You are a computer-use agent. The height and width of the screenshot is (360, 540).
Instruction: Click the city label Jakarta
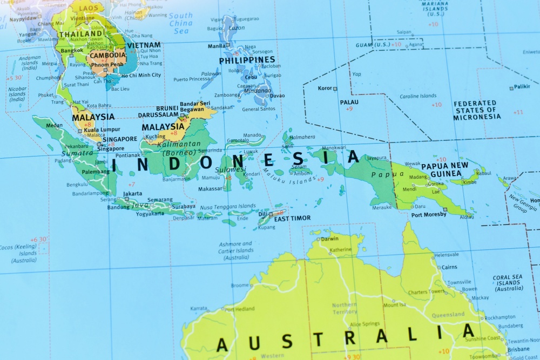tap(133, 193)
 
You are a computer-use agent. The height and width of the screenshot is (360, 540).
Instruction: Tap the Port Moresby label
tap(429, 214)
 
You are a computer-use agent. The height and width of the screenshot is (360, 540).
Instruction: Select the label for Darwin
tap(329, 239)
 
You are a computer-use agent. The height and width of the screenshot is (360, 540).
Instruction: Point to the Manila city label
tap(216, 46)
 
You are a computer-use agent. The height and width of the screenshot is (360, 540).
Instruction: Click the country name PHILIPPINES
tap(247, 60)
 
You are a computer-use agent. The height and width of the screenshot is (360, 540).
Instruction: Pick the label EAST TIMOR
tap(292, 219)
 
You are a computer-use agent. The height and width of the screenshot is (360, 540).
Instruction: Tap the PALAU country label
tap(349, 102)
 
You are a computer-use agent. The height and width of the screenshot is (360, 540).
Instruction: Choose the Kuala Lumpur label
tap(103, 130)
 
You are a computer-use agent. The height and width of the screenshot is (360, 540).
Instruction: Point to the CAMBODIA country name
tap(108, 56)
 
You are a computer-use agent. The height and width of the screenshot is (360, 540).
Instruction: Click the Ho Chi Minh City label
tap(141, 75)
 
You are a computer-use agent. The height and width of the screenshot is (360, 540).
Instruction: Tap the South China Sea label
tap(180, 23)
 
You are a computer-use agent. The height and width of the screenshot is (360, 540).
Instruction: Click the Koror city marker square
tap(335, 89)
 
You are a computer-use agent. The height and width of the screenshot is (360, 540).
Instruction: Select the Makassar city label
tap(210, 189)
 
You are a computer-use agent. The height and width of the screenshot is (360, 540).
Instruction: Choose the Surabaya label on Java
tap(184, 206)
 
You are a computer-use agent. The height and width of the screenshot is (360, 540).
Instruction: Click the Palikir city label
tap(522, 87)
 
